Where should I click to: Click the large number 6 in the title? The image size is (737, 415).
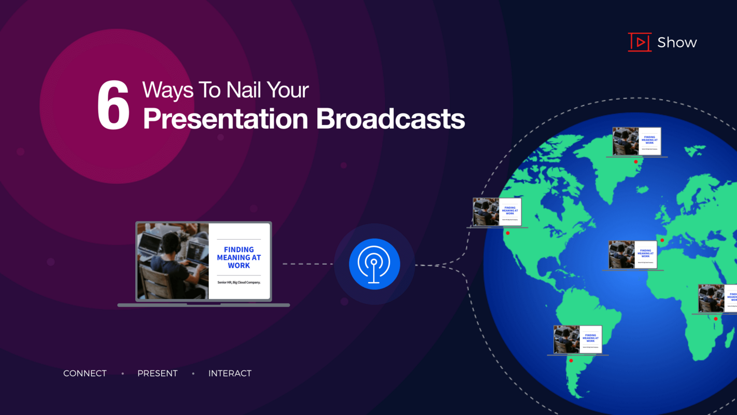point(113,106)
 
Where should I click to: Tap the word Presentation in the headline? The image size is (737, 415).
point(225,119)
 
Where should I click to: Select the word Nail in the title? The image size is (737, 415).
point(244,90)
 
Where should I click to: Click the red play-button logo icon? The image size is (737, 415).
point(640,42)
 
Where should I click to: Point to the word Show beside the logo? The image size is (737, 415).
point(677,43)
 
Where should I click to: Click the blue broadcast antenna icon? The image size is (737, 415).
point(374,264)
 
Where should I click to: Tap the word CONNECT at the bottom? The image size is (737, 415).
point(85,374)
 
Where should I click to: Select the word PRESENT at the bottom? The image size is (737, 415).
point(158,374)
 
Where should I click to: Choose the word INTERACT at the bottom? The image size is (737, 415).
point(230,374)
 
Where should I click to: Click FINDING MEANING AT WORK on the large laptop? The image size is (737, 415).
point(239,257)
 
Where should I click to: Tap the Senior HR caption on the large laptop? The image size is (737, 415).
point(238,282)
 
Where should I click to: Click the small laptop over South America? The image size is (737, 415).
point(577,340)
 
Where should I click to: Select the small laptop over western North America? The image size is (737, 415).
point(497,212)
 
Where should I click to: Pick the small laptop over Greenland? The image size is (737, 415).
point(636,141)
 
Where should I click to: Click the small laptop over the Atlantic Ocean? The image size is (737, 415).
point(632,255)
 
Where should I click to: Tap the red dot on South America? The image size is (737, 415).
point(571,361)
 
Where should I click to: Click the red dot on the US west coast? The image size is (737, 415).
point(508,233)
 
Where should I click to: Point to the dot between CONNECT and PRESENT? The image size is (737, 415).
point(123,374)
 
